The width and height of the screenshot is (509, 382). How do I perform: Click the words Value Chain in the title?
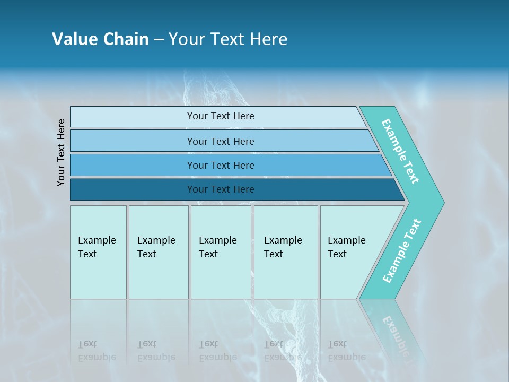pos(100,39)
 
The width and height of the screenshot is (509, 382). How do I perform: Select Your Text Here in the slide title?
pos(228,39)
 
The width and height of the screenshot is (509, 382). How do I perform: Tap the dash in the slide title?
pos(159,40)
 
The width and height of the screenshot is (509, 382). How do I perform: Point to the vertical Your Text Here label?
pos(61,152)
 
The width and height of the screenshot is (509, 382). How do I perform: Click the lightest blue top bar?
pos(220,116)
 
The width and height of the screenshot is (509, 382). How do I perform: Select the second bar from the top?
pos(220,141)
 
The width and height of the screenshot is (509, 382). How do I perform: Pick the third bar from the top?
pos(220,165)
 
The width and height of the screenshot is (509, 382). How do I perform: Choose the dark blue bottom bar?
pos(220,189)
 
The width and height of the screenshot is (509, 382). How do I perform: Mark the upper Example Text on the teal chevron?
pos(401,151)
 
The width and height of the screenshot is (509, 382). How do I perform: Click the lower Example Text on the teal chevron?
pos(402,250)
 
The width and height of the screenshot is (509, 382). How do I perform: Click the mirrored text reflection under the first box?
pos(96,351)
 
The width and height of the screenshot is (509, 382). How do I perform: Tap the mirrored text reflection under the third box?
pos(217,351)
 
